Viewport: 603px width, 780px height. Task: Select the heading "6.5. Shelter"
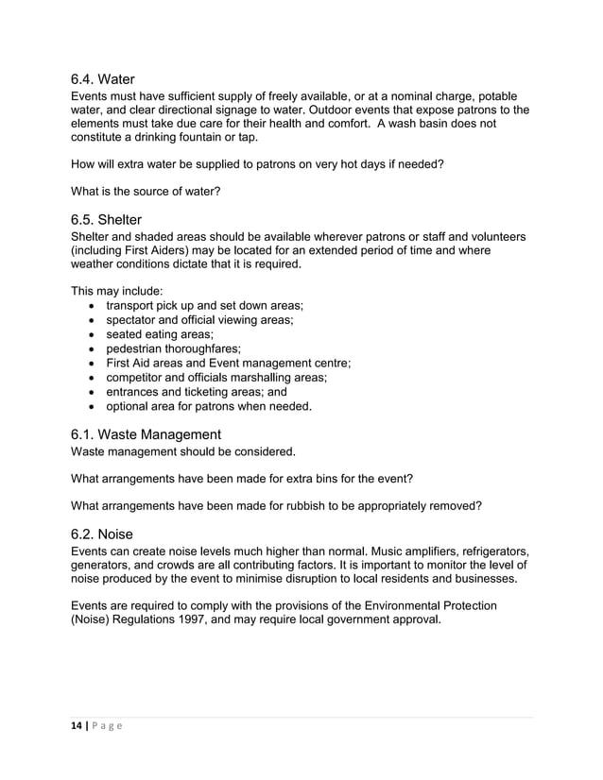106,219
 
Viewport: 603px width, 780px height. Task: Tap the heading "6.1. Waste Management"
146,434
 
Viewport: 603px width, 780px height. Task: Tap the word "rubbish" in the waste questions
299,505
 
